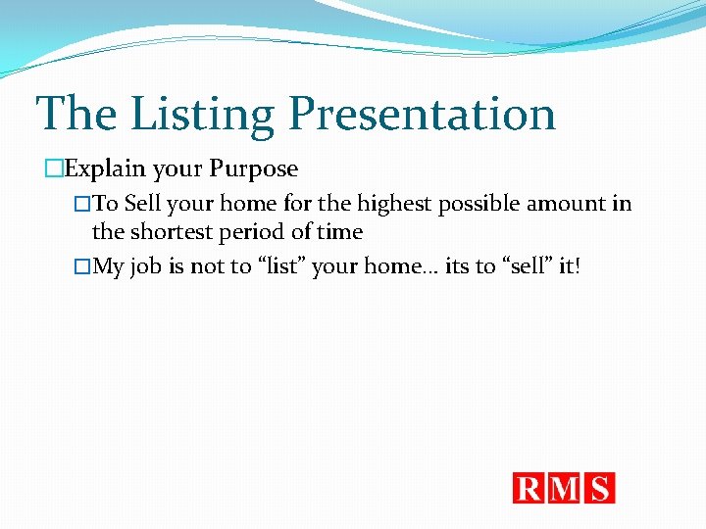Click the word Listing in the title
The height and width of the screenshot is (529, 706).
203,114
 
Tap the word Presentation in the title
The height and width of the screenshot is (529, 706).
422,114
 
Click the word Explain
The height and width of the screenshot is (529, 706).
105,168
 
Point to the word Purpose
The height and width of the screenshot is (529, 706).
253,168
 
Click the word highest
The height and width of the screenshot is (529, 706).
394,204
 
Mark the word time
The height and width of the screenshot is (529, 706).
338,232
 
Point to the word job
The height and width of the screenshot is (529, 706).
146,267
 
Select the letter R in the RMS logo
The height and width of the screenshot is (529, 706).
529,488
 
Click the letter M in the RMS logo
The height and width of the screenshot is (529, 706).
567,488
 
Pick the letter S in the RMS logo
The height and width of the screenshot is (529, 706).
600,488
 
